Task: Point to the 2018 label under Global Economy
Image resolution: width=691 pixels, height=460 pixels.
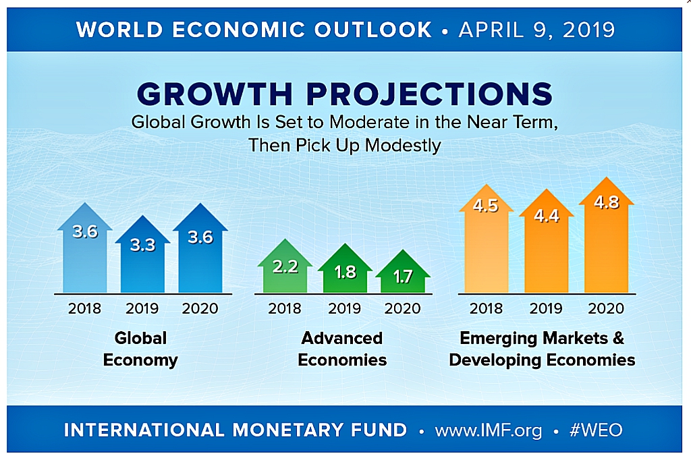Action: click(x=84, y=308)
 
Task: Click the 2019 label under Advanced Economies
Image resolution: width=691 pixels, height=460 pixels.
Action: click(x=344, y=308)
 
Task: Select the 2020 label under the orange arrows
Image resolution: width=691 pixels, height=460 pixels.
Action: click(x=605, y=308)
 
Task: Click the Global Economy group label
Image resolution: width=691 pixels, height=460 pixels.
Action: click(x=140, y=349)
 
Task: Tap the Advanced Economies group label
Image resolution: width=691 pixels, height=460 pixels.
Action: click(x=342, y=349)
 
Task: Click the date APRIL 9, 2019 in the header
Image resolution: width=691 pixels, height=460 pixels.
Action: click(x=536, y=30)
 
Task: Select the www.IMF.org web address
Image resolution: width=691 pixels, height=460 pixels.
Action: click(x=488, y=430)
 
